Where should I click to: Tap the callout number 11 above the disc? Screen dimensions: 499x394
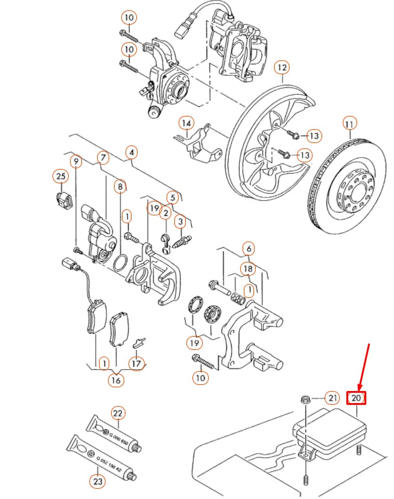pos(349,124)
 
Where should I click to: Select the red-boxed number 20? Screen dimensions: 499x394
pos(356,398)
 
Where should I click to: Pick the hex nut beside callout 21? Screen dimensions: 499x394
pos(306,399)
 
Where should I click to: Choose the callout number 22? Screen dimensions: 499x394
pos(118,413)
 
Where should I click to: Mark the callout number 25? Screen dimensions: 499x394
pos(60,176)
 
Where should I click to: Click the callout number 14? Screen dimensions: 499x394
pos(188,124)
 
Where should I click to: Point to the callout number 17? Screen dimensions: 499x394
pos(138,363)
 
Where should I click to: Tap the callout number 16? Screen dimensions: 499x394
pos(115,380)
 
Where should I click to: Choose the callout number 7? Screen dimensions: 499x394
pos(103,158)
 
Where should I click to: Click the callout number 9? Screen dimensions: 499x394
pos(75,161)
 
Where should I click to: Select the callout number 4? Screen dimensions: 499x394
pos(132,152)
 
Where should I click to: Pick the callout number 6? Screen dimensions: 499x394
pos(248,248)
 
